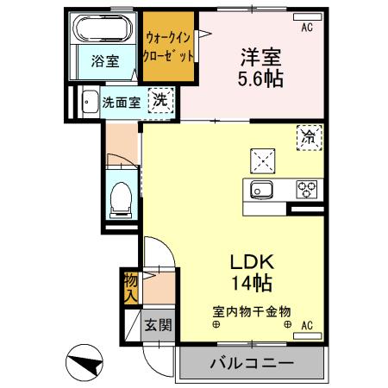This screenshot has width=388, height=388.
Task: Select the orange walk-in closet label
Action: pyautogui.click(x=169, y=47)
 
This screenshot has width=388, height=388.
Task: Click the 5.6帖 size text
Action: pyautogui.click(x=260, y=78)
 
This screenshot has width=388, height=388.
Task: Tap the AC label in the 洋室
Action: pyautogui.click(x=306, y=28)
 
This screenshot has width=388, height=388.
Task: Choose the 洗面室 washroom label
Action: pyautogui.click(x=120, y=101)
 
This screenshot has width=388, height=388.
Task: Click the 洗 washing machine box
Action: pyautogui.click(x=160, y=101)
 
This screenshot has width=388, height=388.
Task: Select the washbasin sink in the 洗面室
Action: pyautogui.click(x=88, y=102)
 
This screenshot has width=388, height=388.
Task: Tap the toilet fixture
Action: pyautogui.click(x=120, y=197)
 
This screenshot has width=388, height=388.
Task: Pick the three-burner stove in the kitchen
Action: pyautogui.click(x=306, y=190)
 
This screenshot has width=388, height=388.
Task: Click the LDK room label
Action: pyautogui.click(x=251, y=260)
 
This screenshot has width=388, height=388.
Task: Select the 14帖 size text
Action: pyautogui.click(x=251, y=282)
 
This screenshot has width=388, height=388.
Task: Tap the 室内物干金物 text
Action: pyautogui.click(x=251, y=311)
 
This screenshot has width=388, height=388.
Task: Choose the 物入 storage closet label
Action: pyautogui.click(x=130, y=286)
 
